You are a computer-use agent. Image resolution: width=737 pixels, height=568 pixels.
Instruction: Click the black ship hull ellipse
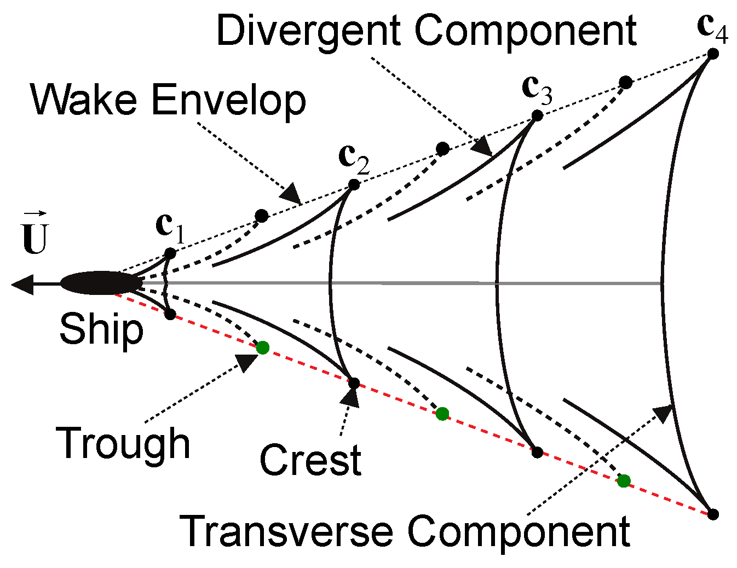coord(100,283)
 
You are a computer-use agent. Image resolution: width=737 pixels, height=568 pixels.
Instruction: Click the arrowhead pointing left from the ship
coord(22,284)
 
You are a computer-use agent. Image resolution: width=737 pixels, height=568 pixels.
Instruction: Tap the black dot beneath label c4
coord(713,53)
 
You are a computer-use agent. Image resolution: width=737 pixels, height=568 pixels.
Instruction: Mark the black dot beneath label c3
coord(537,115)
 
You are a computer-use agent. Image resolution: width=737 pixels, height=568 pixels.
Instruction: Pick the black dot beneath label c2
coord(354,185)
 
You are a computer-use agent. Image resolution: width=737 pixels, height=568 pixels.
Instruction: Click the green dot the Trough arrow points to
coord(263,347)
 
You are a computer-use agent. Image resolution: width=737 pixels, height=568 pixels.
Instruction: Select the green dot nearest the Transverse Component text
coord(624,481)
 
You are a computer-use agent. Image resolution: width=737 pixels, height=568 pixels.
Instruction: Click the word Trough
coord(123,444)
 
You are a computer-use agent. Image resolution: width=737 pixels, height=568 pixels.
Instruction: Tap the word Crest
coord(310,460)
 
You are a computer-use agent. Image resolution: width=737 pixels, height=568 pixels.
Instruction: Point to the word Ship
coord(101,329)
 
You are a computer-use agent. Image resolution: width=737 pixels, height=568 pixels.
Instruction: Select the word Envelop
coord(229,101)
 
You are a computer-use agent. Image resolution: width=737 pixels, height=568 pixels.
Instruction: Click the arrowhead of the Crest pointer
coord(350,396)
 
